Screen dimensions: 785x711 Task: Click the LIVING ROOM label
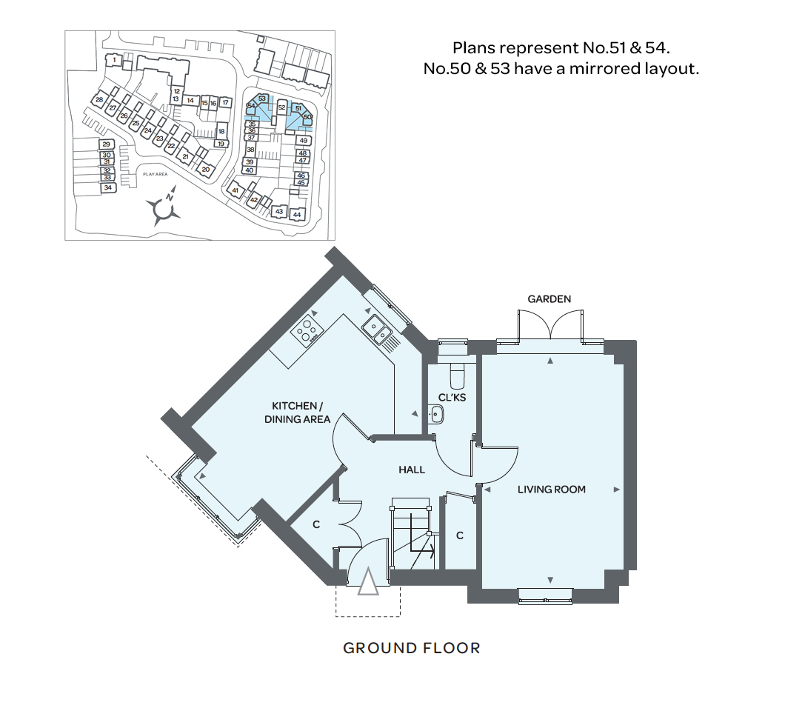pyautogui.click(x=551, y=490)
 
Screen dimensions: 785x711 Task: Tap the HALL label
pyautogui.click(x=412, y=470)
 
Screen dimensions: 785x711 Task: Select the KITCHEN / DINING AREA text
pyautogui.click(x=298, y=413)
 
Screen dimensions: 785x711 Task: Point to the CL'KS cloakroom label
pyautogui.click(x=452, y=398)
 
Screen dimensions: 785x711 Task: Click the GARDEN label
pyautogui.click(x=549, y=299)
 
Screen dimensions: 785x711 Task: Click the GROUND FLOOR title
pyautogui.click(x=412, y=648)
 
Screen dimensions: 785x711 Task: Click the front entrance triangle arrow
pyautogui.click(x=368, y=581)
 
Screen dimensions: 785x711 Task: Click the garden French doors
pyautogui.click(x=550, y=325)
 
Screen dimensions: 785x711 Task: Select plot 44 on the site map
pyautogui.click(x=298, y=214)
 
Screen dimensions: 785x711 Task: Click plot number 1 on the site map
pyautogui.click(x=114, y=60)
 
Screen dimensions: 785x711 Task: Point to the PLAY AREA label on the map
pyautogui.click(x=156, y=174)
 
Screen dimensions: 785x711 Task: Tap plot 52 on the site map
pyautogui.click(x=282, y=107)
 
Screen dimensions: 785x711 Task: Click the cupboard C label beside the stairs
pyautogui.click(x=460, y=535)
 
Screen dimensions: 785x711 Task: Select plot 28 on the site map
pyautogui.click(x=99, y=100)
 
